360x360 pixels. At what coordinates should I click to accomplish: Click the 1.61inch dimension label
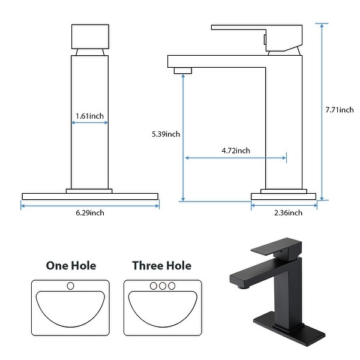89,115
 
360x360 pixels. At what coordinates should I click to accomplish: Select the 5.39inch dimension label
166,134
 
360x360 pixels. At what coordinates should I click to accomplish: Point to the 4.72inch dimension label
235,151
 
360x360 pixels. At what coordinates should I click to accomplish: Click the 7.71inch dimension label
340,109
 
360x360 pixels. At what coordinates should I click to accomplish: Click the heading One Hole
71,265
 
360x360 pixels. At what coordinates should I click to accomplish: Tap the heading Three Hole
162,265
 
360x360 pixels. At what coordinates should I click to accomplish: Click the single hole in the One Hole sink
70,285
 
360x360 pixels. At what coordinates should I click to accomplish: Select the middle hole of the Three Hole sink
162,285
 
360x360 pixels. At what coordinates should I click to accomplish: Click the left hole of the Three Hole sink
153,285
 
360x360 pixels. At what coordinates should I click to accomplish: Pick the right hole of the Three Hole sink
172,285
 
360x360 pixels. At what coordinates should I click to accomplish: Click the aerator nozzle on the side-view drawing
182,70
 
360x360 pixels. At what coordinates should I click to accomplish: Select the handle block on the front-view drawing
90,37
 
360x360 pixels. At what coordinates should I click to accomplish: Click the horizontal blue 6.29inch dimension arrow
90,205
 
